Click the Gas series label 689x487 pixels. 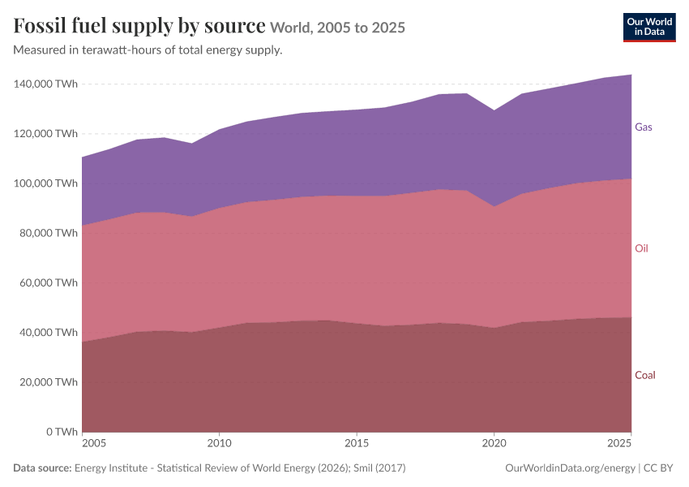pos(644,127)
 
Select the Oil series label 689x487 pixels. pos(641,248)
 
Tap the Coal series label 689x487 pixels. pos(644,375)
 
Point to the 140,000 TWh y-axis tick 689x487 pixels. pos(45,84)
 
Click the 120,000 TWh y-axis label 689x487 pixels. pos(45,133)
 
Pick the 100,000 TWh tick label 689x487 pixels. pos(45,183)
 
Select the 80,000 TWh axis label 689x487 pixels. pos(49,233)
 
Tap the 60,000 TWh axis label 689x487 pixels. pos(49,282)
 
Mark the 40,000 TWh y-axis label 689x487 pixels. pos(49,332)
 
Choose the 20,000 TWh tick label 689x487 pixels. pos(49,381)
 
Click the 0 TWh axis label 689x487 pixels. pos(62,432)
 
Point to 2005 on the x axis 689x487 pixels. pos(94,443)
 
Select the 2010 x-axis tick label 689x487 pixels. pos(220,443)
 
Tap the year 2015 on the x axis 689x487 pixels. pos(357,443)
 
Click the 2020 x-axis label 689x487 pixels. pos(494,443)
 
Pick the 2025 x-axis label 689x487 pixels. pos(619,443)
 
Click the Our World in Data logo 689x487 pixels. pos(649,28)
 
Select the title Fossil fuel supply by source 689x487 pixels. pos(139,25)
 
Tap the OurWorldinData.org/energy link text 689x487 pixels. pos(571,468)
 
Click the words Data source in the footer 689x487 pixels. pos(42,468)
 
